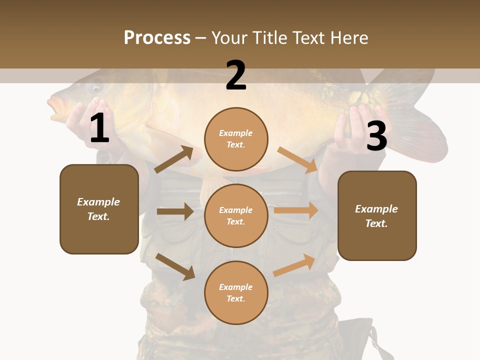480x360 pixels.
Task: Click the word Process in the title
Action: click(157, 38)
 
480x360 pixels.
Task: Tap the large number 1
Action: click(99, 128)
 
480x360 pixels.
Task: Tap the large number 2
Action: click(236, 75)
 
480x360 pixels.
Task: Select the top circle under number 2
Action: click(236, 139)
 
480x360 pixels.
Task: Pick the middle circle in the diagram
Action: click(236, 215)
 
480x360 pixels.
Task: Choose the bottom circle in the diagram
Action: click(236, 292)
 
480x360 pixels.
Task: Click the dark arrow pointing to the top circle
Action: click(174, 159)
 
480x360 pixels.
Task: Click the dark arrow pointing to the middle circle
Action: click(175, 211)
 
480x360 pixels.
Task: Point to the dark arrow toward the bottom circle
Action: click(175, 266)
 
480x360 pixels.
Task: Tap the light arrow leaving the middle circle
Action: click(296, 210)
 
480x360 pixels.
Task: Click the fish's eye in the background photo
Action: click(95, 88)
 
